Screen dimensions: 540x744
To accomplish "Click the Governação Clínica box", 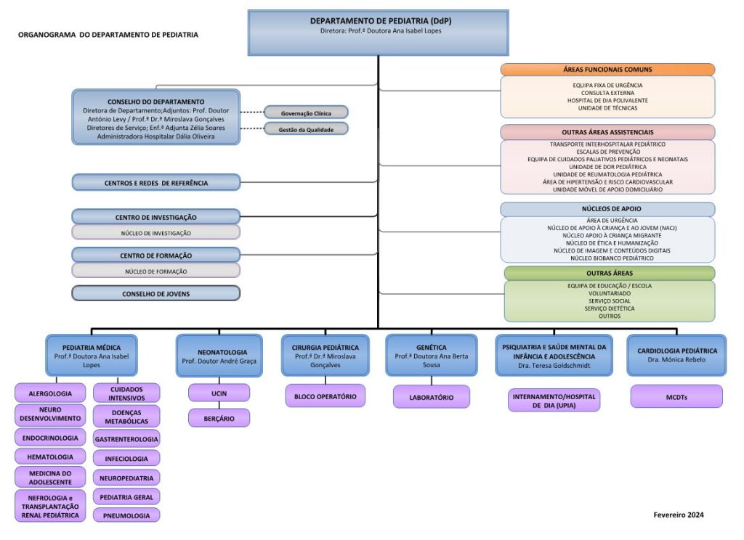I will click(x=306, y=112).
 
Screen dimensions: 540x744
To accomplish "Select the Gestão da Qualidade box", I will click(x=306, y=128).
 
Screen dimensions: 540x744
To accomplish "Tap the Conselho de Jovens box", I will click(x=155, y=293).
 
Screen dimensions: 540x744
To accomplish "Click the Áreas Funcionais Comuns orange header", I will click(x=607, y=70).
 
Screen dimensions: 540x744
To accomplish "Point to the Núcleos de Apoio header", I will click(x=607, y=209).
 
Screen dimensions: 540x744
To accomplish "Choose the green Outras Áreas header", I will click(x=609, y=273).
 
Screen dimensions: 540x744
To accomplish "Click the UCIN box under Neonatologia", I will click(x=219, y=393).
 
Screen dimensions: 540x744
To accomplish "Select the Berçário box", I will click(x=219, y=417).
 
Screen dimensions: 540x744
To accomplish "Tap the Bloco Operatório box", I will click(x=325, y=396).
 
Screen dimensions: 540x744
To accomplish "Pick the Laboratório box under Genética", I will click(x=431, y=397).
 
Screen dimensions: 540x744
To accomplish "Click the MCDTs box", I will click(x=676, y=396).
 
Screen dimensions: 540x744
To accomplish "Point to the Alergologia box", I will click(x=50, y=393).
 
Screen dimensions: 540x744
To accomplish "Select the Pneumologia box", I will click(x=126, y=515).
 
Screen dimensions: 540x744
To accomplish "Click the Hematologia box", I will click(x=50, y=457).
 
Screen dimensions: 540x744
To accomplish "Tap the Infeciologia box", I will click(x=126, y=459).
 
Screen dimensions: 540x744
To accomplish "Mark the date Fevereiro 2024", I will click(x=679, y=515).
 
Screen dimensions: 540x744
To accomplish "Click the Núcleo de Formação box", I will click(x=155, y=271).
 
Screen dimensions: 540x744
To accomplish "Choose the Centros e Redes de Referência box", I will click(x=155, y=183).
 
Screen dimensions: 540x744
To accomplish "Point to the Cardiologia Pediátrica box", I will click(x=676, y=355).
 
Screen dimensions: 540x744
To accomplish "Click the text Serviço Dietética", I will click(x=609, y=308).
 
